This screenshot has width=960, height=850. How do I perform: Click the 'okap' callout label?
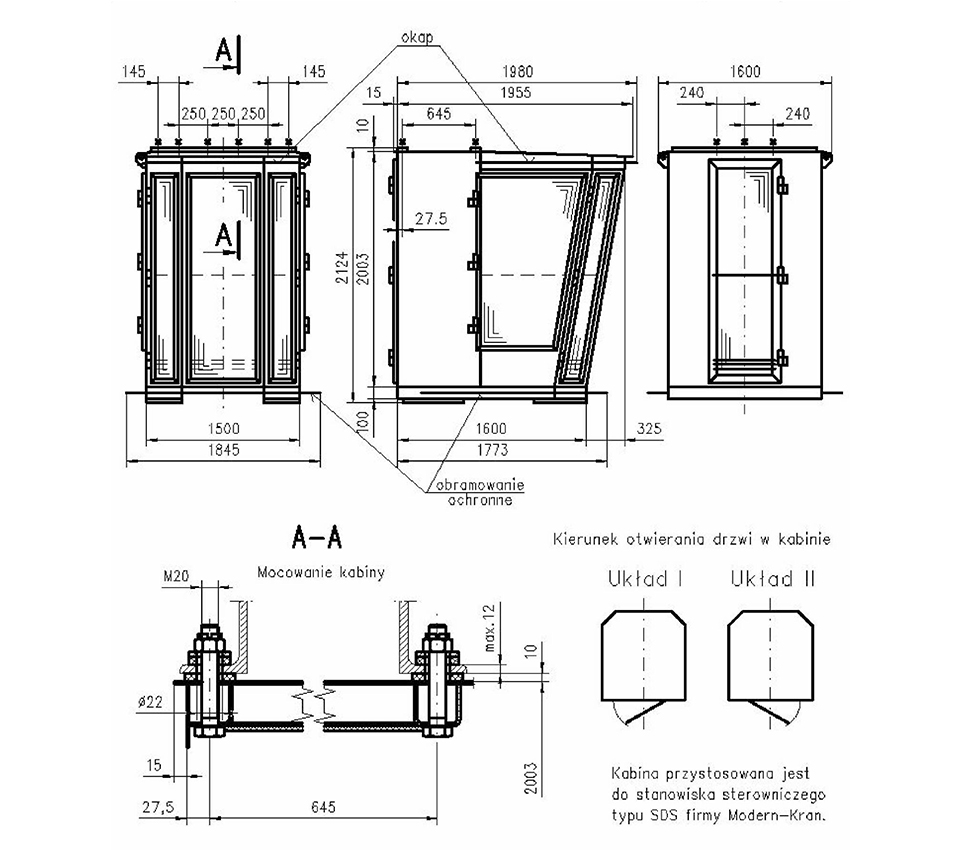[x=417, y=37]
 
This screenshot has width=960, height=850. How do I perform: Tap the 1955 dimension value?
[x=516, y=92]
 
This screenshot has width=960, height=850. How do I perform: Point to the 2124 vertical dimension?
[x=342, y=267]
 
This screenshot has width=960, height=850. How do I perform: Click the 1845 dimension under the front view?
[x=223, y=450]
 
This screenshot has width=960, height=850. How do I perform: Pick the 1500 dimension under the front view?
[x=223, y=429]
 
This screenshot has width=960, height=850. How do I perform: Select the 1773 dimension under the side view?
[x=492, y=450]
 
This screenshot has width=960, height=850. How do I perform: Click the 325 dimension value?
[x=649, y=429]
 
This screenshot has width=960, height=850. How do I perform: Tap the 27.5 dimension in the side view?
[x=431, y=219]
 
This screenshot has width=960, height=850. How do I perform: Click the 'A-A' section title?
[x=317, y=538]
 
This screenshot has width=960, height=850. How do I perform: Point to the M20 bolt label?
[x=176, y=576]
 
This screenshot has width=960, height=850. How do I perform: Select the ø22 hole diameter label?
[x=151, y=702]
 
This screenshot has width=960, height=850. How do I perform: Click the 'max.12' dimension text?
[x=489, y=628]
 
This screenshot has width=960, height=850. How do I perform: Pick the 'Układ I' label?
[x=645, y=579]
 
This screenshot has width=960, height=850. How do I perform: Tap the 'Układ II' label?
[x=773, y=579]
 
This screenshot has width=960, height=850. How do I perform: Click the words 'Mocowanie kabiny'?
[x=321, y=573]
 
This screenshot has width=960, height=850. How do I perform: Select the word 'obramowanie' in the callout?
[x=480, y=485]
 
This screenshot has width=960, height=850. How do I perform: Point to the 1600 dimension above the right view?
[x=744, y=72]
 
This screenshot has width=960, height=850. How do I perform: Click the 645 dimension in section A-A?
[x=323, y=807]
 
